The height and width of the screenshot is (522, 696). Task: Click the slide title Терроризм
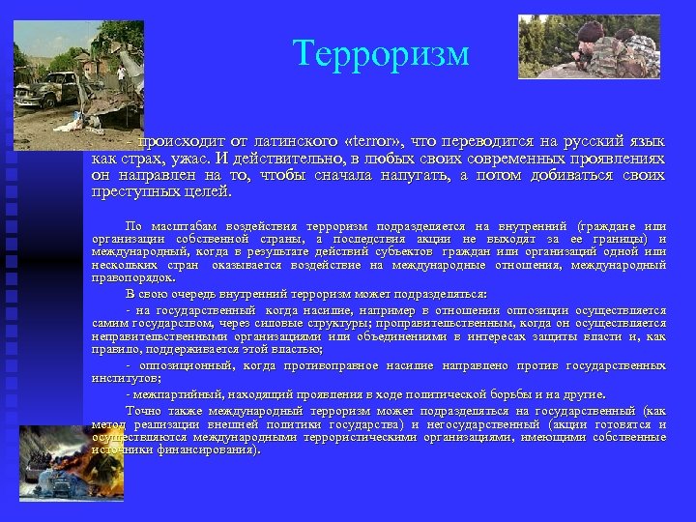pos(381,53)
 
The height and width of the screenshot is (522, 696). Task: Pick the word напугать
pos(404,175)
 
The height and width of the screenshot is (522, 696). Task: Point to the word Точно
pos(143,410)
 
